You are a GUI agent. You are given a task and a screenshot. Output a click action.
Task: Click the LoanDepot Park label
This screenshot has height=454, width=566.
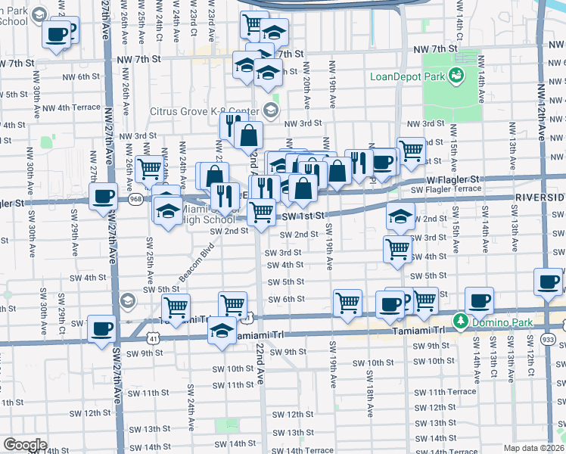coord(406,76)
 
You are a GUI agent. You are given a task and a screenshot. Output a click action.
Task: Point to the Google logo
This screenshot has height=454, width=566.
coord(24,444)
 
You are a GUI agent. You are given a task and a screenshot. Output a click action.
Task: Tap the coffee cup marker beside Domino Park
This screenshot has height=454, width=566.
coord(479,300)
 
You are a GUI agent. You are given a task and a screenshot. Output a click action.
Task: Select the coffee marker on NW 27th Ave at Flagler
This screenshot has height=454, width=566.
coord(103,197)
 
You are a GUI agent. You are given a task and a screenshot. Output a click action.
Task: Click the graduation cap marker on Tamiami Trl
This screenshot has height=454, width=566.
coord(222,330)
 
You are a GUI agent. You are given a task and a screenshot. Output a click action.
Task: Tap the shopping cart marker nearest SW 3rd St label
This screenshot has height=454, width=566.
coord(397,248)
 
